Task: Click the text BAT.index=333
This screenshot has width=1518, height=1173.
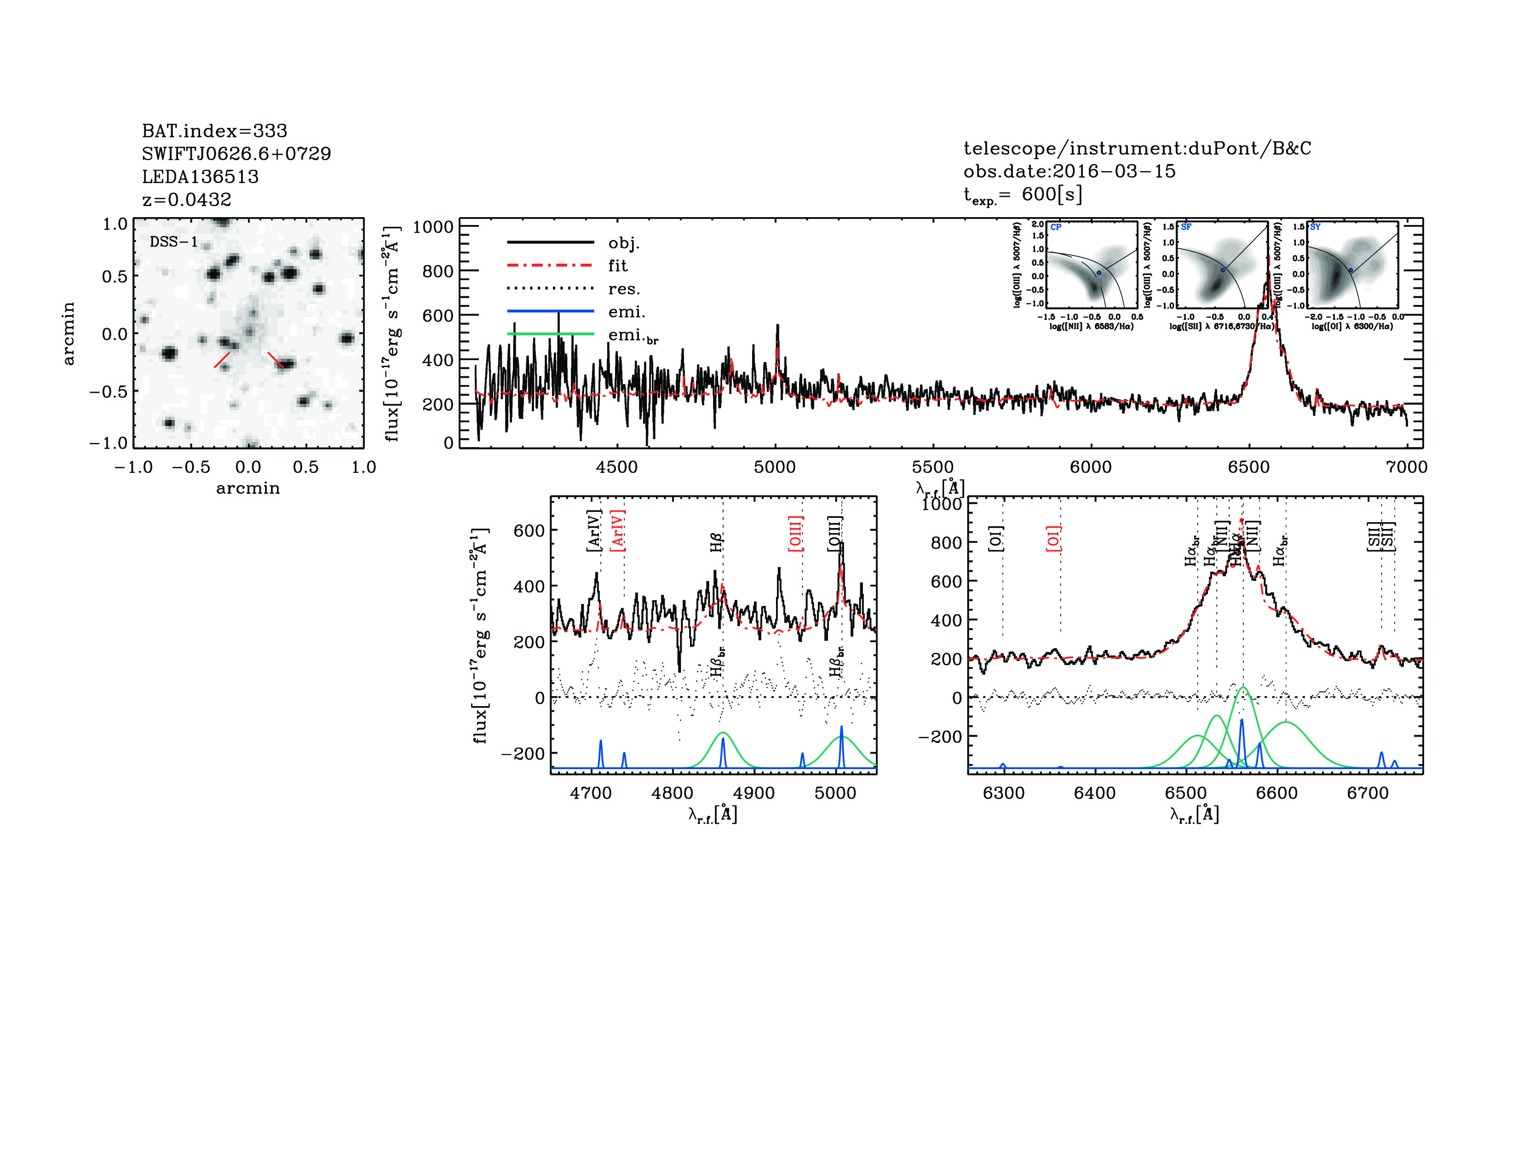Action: (x=214, y=131)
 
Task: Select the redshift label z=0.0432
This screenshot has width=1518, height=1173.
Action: (x=186, y=200)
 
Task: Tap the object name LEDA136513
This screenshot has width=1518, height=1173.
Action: (x=200, y=177)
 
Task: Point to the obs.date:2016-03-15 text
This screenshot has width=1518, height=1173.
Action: (x=1069, y=171)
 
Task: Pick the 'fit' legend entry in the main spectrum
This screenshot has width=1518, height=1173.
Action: (x=617, y=265)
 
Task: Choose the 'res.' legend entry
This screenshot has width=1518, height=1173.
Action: (x=623, y=288)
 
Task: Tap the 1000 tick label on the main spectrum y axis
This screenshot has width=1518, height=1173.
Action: (x=432, y=227)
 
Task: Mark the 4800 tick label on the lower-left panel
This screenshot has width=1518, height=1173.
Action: (x=672, y=793)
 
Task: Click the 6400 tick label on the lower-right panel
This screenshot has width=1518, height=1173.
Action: (x=1095, y=793)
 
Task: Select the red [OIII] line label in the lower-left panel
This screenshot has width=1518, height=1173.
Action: (x=796, y=534)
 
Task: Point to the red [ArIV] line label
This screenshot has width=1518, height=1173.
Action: (x=617, y=531)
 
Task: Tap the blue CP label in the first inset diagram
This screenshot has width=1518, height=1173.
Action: (x=1056, y=227)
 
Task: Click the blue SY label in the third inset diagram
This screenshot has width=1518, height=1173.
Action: (x=1315, y=227)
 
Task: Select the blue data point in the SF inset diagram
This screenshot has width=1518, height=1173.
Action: (x=1223, y=270)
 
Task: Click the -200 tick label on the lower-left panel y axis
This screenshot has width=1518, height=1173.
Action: (x=522, y=753)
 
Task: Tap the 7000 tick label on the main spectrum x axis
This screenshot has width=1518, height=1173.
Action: (x=1407, y=467)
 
